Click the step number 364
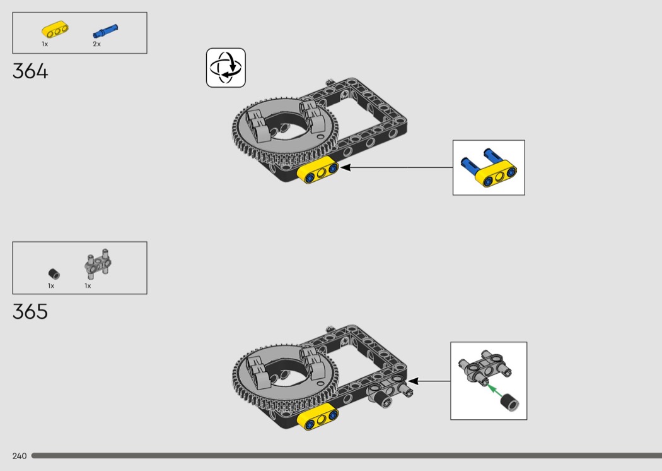[30, 71]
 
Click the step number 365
[30, 312]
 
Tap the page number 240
[20, 456]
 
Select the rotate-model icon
[226, 68]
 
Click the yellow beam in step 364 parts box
[55, 30]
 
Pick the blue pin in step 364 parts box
[105, 31]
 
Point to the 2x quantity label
[96, 44]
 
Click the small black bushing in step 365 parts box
[54, 274]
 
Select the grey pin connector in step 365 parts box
[98, 263]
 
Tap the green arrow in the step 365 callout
[492, 391]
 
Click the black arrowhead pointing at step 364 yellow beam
[346, 167]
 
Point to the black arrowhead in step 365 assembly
[412, 381]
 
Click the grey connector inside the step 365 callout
[485, 367]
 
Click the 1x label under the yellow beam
[45, 44]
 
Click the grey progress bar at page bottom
[347, 455]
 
